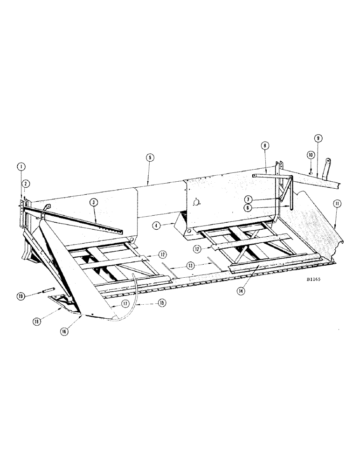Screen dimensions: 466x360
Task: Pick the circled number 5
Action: (x=149, y=158)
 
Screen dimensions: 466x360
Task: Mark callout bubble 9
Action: (x=318, y=138)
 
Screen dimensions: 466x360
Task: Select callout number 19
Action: (x=21, y=295)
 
